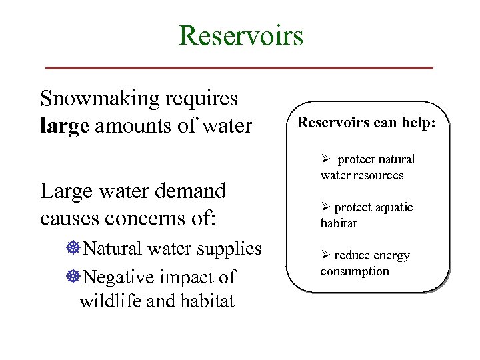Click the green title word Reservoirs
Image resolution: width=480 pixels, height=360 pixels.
(241, 35)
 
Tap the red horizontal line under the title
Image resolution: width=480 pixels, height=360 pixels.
(239, 68)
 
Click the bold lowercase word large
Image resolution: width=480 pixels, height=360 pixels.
(64, 125)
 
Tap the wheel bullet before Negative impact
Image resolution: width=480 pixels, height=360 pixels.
(73, 277)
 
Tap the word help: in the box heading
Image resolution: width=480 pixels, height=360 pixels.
(420, 123)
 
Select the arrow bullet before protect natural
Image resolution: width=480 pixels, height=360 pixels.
(326, 159)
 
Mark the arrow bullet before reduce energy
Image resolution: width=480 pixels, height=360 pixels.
(326, 255)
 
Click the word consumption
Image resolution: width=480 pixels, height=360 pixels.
(355, 271)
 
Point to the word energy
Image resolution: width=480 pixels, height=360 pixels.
(391, 256)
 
